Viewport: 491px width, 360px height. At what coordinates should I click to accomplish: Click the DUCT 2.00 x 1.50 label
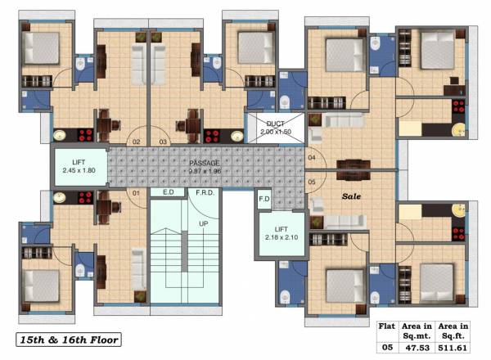(275, 128)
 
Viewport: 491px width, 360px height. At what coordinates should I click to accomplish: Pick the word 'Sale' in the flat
(352, 196)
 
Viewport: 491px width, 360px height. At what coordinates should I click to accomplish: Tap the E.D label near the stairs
(168, 192)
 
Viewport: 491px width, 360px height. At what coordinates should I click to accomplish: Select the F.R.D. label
(205, 192)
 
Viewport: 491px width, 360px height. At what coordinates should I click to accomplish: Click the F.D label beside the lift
(264, 199)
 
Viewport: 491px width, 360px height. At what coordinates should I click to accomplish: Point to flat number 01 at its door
(137, 193)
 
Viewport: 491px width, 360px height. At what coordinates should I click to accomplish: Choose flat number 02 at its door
(137, 142)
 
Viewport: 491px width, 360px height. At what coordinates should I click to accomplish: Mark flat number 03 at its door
(163, 142)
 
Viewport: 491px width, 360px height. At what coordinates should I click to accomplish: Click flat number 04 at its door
(311, 156)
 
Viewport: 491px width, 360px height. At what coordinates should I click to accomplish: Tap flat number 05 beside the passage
(311, 182)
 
